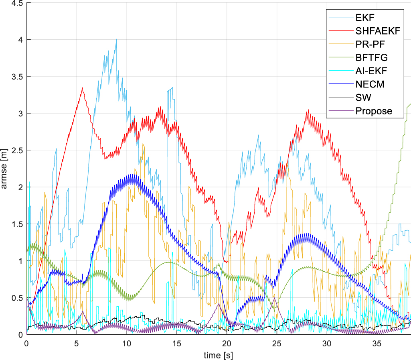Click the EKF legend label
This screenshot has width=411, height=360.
(x=365, y=18)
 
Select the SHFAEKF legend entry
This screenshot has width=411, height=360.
(x=378, y=31)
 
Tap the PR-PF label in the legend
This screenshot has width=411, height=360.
(x=370, y=44)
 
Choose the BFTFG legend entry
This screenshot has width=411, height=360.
(x=371, y=57)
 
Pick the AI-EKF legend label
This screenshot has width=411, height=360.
(x=371, y=71)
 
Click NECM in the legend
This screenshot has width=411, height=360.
(x=370, y=84)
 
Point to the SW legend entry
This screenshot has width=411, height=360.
(x=363, y=98)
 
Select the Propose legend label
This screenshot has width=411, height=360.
(x=374, y=111)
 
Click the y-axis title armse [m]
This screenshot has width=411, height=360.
(x=4, y=169)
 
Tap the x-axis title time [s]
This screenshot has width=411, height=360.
(x=218, y=355)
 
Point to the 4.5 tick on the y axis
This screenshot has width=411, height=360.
(x=17, y=3)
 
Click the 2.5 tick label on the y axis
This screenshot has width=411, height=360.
(x=17, y=151)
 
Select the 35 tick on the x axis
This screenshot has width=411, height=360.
(x=377, y=344)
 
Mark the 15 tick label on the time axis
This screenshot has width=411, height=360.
(x=177, y=344)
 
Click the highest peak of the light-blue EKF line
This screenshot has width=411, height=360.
(x=116, y=39)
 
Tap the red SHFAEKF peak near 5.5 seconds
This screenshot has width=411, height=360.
(x=82, y=88)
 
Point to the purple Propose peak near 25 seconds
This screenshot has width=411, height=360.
(x=274, y=298)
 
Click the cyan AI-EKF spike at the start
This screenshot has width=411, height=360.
(x=29, y=182)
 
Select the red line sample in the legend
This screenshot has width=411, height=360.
(x=341, y=31)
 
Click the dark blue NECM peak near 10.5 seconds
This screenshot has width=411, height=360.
(x=132, y=175)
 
